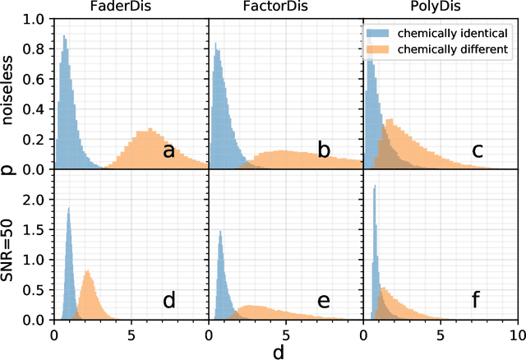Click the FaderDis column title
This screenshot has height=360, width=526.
tap(131, 8)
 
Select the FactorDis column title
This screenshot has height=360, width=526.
tap(285, 8)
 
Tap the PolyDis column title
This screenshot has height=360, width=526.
tap(440, 8)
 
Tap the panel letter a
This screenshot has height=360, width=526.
tap(168, 150)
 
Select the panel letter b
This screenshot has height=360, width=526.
tap(324, 150)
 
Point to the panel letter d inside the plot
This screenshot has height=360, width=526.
tap(168, 301)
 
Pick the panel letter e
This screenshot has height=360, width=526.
tap(324, 301)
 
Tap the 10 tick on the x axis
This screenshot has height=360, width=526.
tap(516, 335)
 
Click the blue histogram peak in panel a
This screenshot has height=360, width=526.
tap(64, 36)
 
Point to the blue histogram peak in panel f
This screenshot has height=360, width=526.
tap(374, 187)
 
